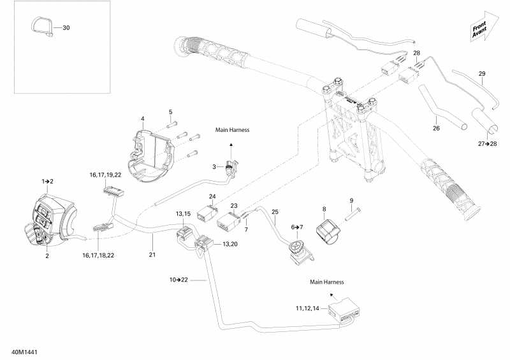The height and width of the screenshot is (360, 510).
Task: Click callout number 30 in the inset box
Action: click(x=66, y=28)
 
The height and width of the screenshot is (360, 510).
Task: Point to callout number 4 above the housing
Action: click(x=143, y=119)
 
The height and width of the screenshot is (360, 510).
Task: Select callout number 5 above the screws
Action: click(x=171, y=112)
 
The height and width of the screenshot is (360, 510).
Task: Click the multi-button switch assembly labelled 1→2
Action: click(x=51, y=220)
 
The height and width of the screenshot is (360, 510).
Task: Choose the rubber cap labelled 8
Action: click(x=331, y=229)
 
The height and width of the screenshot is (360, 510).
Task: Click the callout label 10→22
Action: click(x=178, y=280)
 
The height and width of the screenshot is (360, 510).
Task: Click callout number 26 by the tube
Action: click(x=436, y=128)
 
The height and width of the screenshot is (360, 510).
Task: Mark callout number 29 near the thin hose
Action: click(x=482, y=74)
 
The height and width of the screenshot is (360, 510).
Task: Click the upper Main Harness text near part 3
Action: click(x=232, y=130)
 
